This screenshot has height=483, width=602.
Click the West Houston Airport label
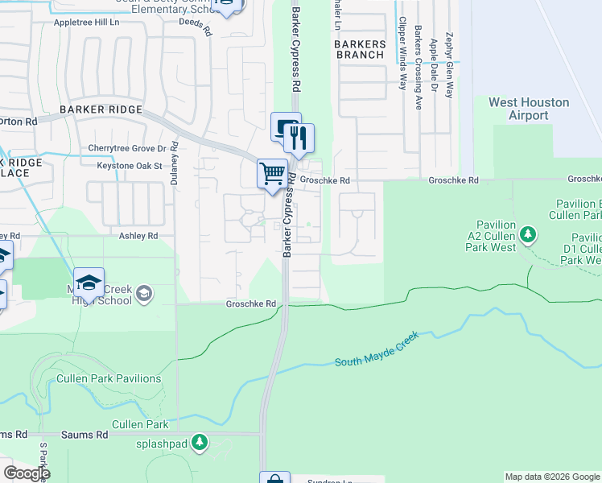coord(529,109)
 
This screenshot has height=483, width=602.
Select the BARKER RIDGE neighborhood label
coord(101,109)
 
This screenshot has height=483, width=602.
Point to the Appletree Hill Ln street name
coord(86,23)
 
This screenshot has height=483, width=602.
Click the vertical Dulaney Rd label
coord(174,171)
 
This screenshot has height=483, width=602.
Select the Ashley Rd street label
coord(134,236)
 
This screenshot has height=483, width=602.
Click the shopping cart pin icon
coord(272,173)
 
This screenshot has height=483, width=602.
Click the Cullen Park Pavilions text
coord(109,378)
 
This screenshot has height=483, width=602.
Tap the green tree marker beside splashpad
coord(200,441)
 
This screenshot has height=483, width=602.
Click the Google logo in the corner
coord(26,473)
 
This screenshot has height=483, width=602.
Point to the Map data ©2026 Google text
coord(551,477)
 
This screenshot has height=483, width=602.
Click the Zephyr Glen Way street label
coord(449,65)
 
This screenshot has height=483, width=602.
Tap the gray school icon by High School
coord(143,293)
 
